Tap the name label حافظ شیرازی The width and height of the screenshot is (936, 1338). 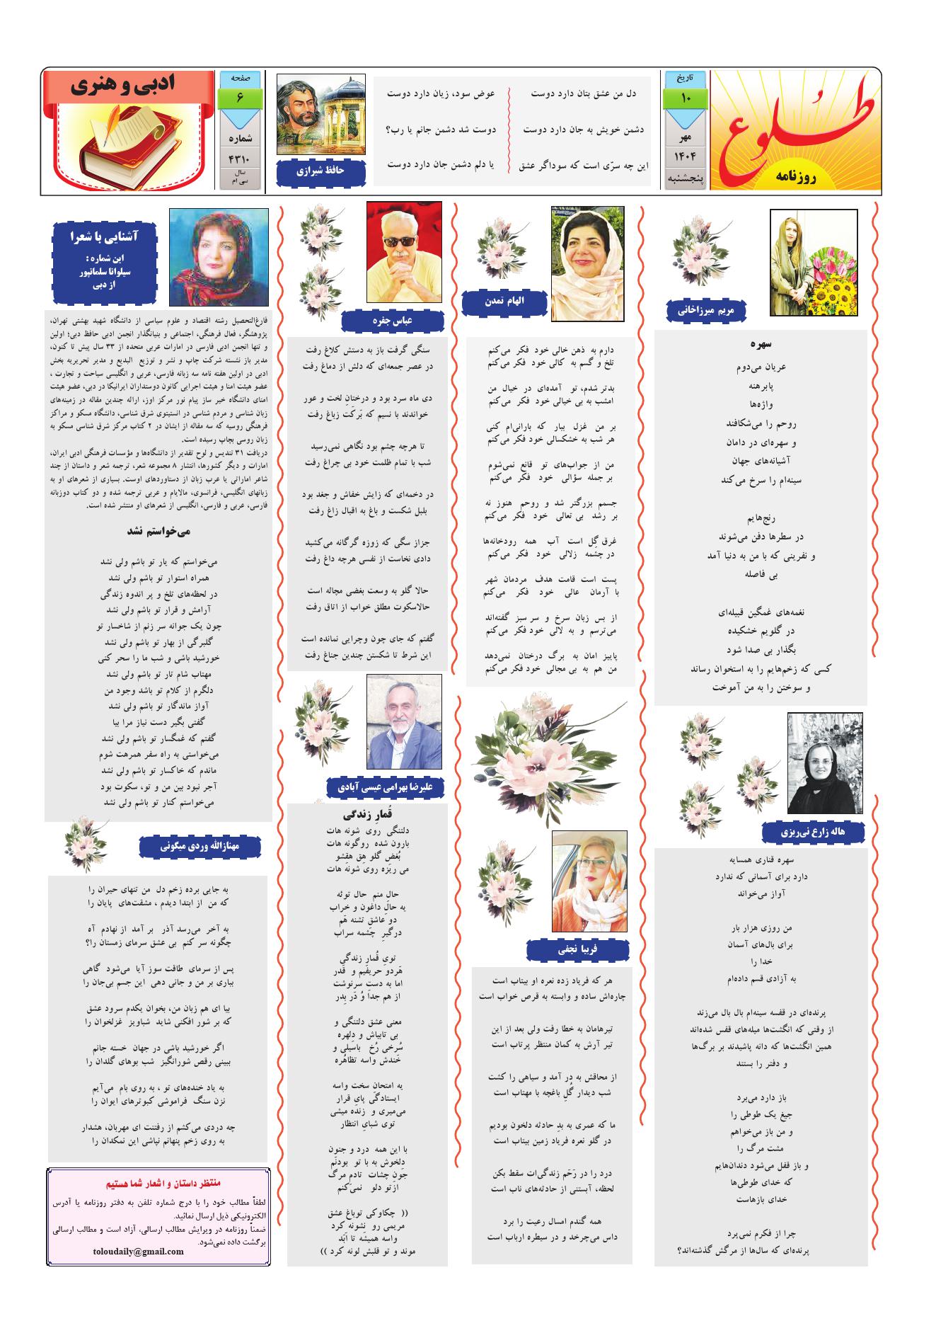[x=321, y=171]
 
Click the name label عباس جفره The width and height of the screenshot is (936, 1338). [x=392, y=321]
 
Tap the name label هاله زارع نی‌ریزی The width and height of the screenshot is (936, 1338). [x=813, y=831]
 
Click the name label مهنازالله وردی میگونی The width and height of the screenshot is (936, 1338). [x=200, y=845]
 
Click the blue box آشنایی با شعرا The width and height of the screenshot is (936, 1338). [x=105, y=262]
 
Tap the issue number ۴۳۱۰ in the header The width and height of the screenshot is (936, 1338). [x=240, y=159]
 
